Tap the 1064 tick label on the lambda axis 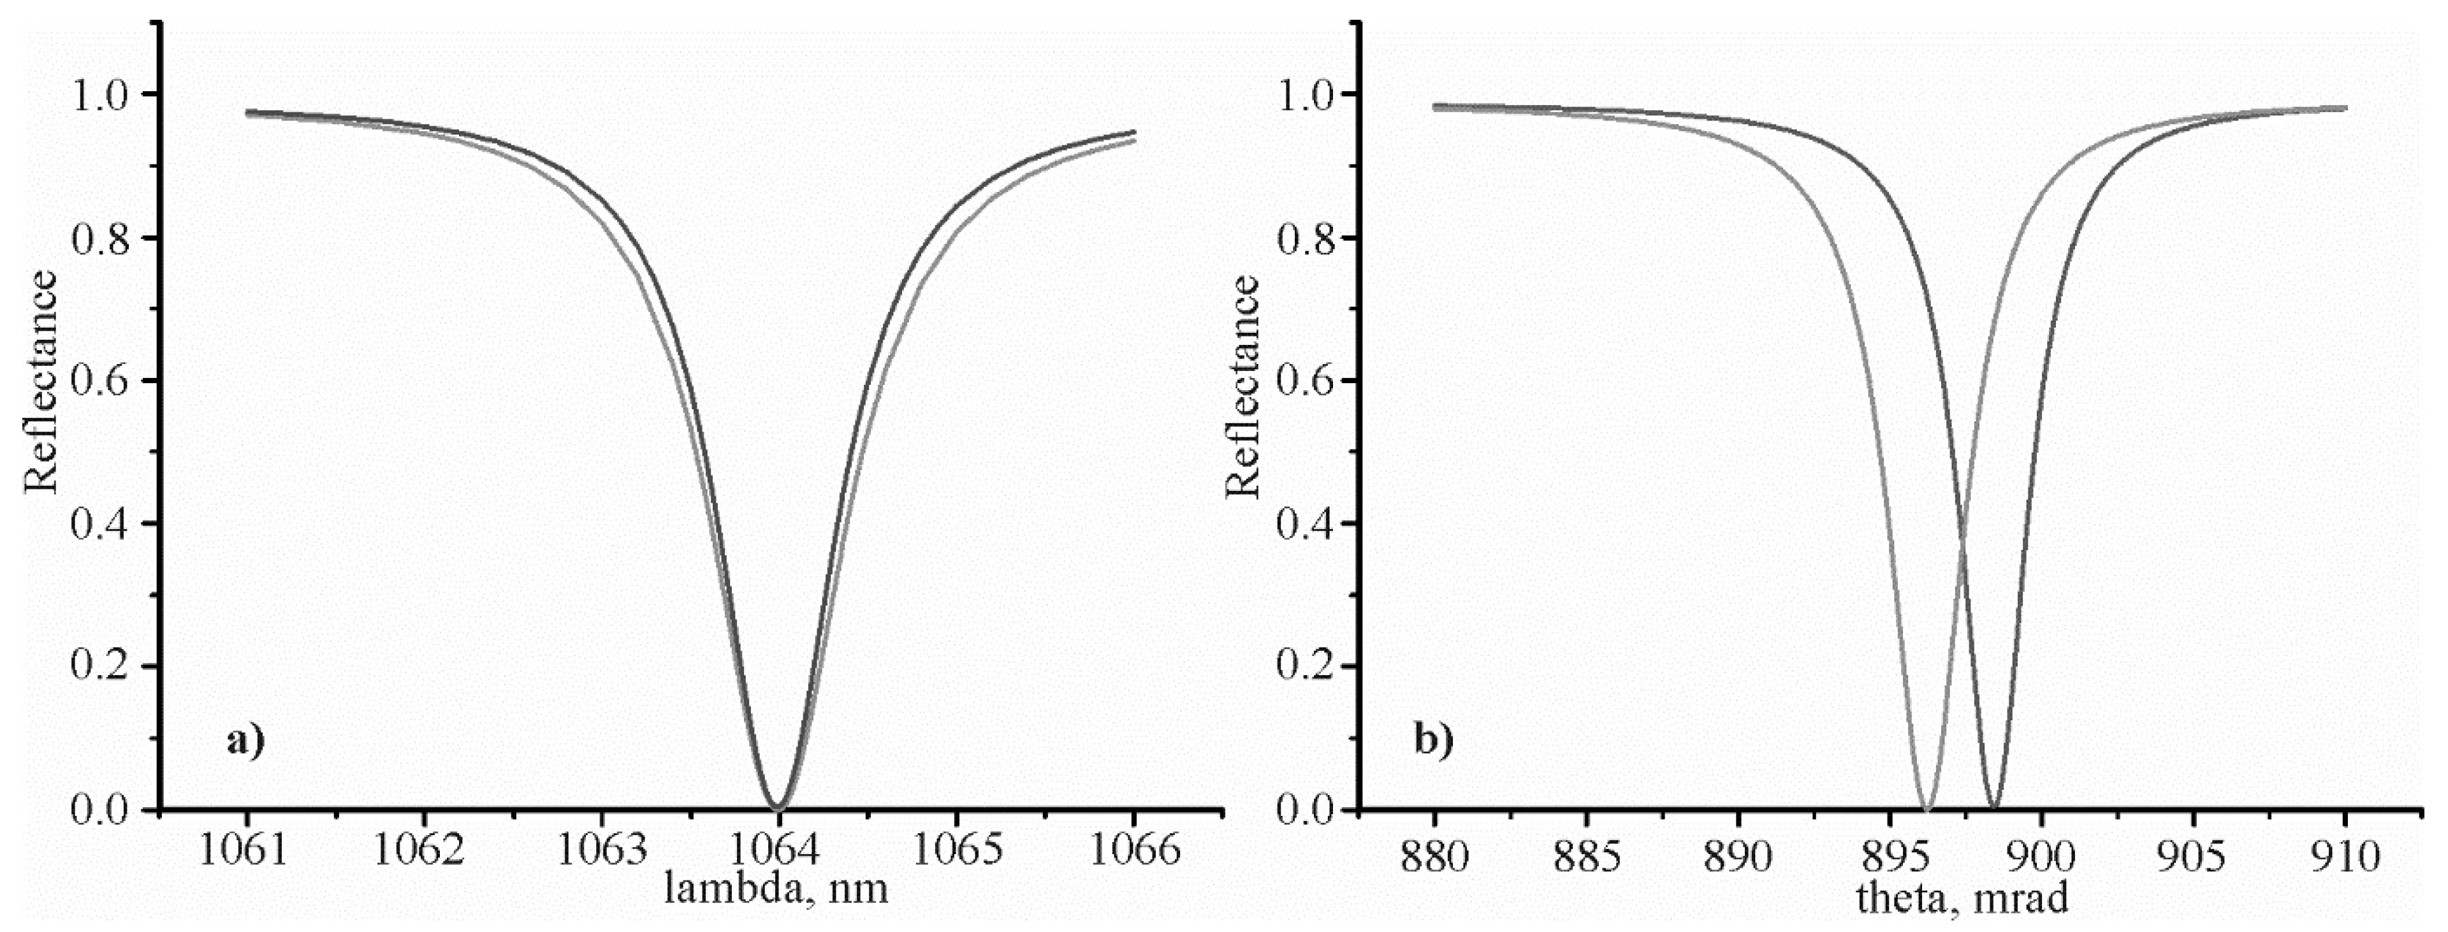pos(778,850)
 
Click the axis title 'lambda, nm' pos(777,887)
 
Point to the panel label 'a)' pos(245,738)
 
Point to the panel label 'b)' pos(1434,738)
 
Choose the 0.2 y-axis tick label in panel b pos(1307,666)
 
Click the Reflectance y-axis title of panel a pos(41,381)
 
